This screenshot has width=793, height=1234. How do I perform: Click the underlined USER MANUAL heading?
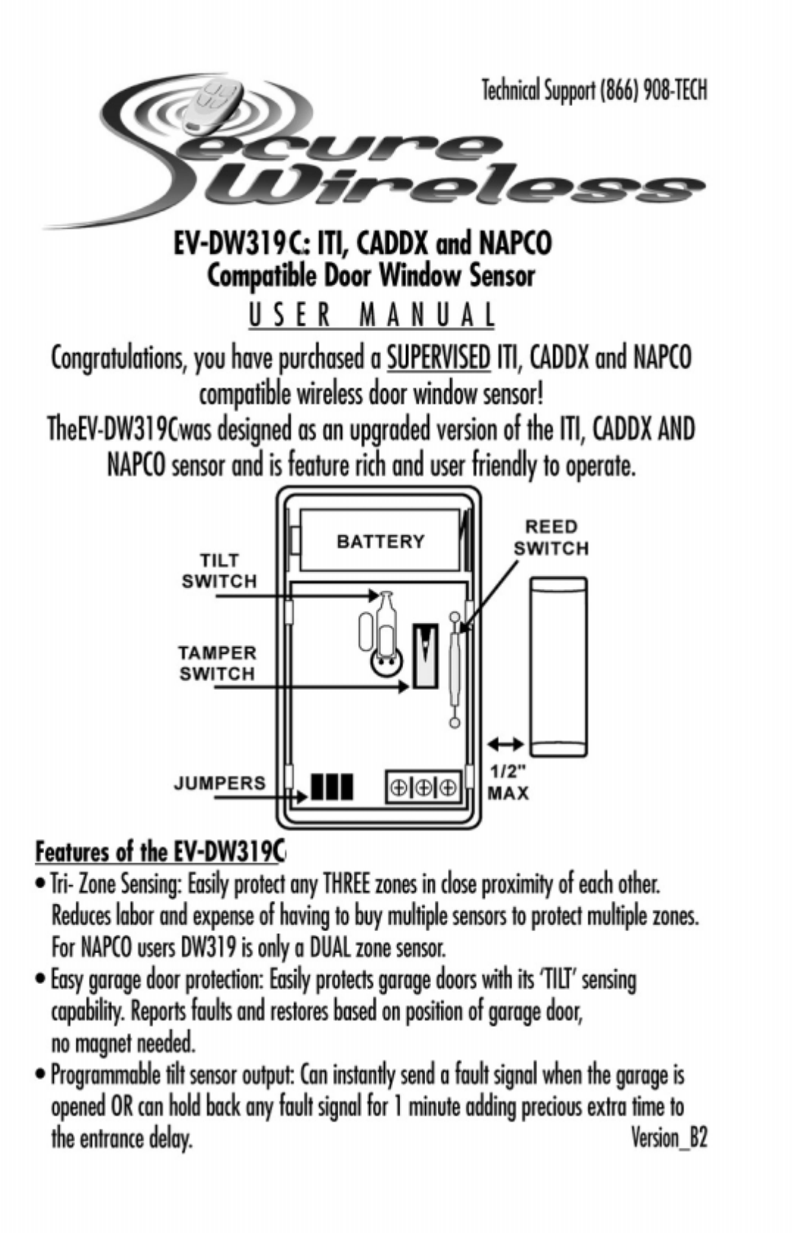point(371,315)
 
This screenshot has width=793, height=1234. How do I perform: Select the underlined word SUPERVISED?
point(439,358)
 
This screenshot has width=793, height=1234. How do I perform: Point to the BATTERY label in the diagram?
point(380,542)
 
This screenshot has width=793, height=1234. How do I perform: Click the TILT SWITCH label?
point(219,571)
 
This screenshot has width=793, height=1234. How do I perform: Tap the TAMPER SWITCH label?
point(217,663)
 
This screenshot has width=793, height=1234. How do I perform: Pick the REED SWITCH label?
point(551,537)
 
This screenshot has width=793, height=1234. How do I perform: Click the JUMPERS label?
point(219,783)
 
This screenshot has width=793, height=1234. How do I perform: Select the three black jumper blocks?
point(332,787)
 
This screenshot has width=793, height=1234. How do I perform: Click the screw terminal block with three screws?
point(423,788)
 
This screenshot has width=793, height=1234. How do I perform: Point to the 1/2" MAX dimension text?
point(508,783)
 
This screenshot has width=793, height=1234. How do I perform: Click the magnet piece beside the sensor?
point(559,667)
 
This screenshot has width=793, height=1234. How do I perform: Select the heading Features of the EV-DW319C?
point(160,851)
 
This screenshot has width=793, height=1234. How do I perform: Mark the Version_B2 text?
point(668,1137)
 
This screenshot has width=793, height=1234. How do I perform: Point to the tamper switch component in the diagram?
point(425,655)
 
